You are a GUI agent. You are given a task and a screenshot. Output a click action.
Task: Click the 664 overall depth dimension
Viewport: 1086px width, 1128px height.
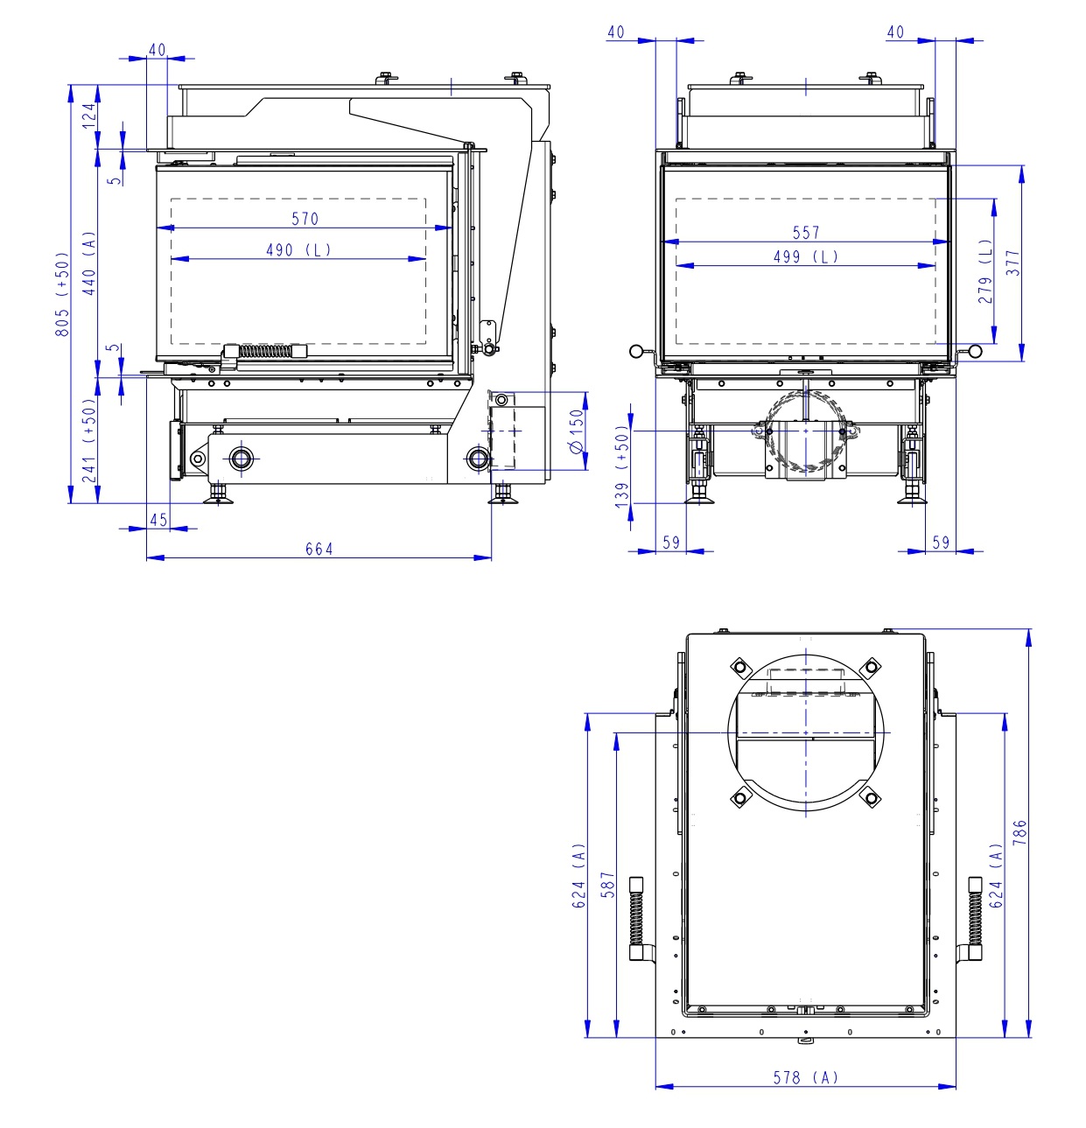coord(319,549)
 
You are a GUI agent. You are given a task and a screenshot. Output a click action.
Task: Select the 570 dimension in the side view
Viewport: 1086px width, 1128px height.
coord(305,219)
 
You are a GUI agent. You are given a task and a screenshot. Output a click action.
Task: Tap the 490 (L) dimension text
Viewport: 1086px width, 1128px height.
coord(298,250)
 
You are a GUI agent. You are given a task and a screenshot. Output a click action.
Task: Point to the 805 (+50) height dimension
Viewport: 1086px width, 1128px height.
coord(62,295)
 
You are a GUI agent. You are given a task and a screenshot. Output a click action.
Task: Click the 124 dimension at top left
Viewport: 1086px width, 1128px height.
coord(88,116)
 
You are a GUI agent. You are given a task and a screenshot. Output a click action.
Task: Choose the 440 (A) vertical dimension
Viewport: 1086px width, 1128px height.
coord(88,263)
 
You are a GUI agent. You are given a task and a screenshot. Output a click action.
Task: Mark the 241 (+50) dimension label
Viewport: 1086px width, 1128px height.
coord(88,440)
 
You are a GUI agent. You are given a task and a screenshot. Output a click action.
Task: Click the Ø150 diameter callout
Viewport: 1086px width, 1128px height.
coord(576,431)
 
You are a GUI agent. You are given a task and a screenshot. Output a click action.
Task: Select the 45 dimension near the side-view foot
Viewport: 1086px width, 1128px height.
coord(158,520)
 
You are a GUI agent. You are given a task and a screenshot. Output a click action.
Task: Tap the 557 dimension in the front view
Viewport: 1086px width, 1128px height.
coord(806,233)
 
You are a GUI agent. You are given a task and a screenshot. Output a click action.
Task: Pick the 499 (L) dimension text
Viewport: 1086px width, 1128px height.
coord(806,257)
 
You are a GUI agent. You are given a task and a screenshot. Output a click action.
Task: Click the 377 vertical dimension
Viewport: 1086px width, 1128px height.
coord(1012,263)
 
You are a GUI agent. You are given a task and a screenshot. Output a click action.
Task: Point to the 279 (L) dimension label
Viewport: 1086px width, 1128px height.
coord(986,272)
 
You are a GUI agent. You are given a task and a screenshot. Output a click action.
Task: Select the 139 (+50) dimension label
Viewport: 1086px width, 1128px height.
coord(622,466)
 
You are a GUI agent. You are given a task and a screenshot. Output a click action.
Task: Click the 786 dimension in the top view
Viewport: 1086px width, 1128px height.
coord(1019,832)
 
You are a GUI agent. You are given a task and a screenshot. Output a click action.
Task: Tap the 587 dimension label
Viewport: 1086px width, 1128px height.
coord(608,885)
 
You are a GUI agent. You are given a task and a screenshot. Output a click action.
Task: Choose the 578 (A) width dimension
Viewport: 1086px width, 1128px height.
coord(805,1078)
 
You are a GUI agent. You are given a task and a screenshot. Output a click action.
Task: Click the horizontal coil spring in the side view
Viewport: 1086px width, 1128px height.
coord(266,351)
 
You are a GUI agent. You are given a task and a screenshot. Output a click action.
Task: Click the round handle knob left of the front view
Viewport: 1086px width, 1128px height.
coord(636,352)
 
